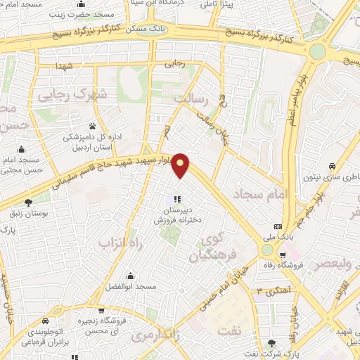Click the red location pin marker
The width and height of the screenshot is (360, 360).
pos(181,166)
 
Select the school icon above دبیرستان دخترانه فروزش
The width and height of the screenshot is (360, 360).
pos(176,200)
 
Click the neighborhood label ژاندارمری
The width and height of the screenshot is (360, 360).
pos(154,336)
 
